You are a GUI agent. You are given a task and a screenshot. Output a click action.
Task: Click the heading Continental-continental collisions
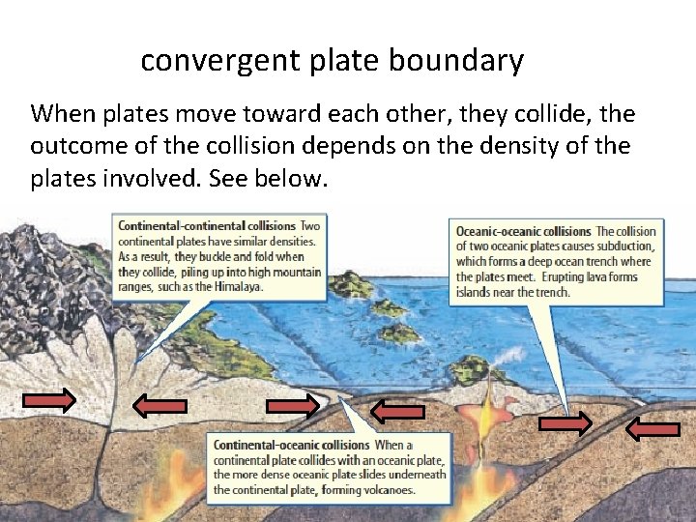206,226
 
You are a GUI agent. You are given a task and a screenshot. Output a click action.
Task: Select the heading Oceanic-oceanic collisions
523,231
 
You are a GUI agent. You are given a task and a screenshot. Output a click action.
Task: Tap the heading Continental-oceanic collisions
291,446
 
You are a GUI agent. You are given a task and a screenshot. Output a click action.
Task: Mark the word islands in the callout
475,292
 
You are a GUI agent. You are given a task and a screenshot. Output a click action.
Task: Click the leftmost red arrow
50,400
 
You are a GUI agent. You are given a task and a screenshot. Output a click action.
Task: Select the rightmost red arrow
652,429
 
